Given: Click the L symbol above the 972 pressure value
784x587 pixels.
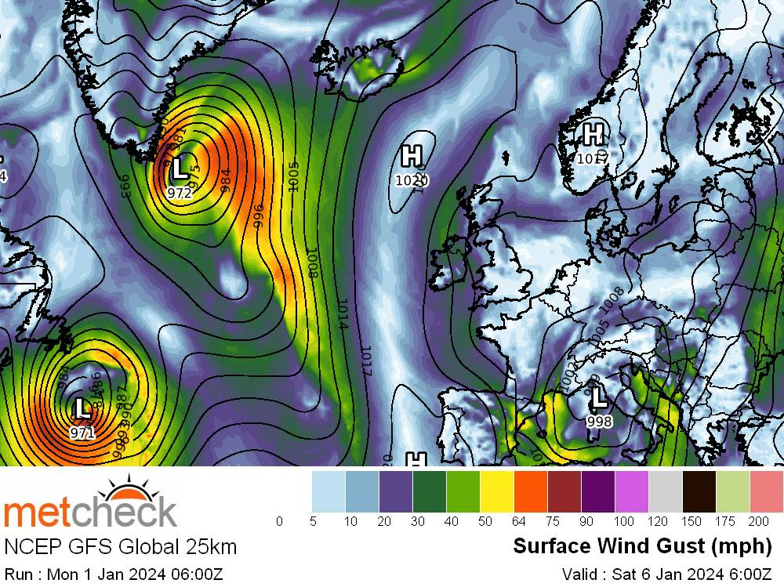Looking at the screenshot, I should (x=180, y=167).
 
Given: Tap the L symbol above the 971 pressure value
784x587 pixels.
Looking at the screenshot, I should (x=82, y=408).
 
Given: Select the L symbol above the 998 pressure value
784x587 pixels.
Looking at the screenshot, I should (x=599, y=397).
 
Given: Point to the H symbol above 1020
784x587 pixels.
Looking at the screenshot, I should (x=412, y=155).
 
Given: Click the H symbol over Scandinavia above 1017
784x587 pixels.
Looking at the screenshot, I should (x=593, y=133).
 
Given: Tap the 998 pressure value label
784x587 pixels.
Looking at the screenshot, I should (x=599, y=422).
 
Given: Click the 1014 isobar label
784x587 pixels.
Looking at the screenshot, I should (x=343, y=313).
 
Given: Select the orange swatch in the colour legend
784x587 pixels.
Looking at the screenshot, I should (x=531, y=490).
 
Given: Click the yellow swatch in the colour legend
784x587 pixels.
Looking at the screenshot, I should (x=497, y=490).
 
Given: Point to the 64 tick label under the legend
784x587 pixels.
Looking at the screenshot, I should (x=514, y=521).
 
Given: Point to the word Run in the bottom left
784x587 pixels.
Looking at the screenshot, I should (x=18, y=574).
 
